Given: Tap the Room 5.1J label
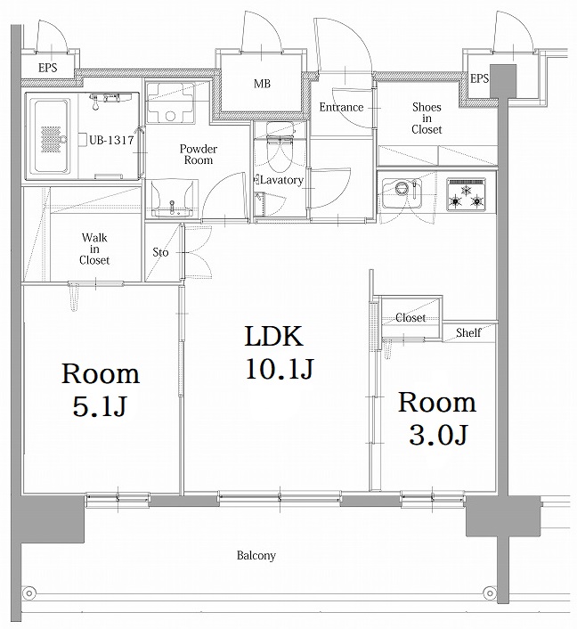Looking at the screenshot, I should click(x=99, y=389).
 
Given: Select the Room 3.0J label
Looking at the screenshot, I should click(x=436, y=418).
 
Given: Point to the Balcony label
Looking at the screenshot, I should click(x=256, y=556).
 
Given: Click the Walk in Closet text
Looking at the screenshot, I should click(x=95, y=249).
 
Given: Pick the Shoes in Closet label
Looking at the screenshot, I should click(x=427, y=118).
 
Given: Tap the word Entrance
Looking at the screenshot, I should click(x=341, y=108).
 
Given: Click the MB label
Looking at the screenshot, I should click(x=262, y=85).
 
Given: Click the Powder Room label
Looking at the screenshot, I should click(x=198, y=154).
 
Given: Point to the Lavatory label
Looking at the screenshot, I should click(x=282, y=180).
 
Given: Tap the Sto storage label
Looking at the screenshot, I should click(x=161, y=251).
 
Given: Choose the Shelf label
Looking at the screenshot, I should click(x=468, y=332).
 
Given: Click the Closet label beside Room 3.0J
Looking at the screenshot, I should click(x=410, y=318).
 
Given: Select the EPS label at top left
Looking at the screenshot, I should click(x=48, y=67).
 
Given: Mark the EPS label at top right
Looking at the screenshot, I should click(x=479, y=79).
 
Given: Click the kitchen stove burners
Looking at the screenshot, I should click(x=467, y=194).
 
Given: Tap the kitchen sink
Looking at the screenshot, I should click(x=402, y=191).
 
